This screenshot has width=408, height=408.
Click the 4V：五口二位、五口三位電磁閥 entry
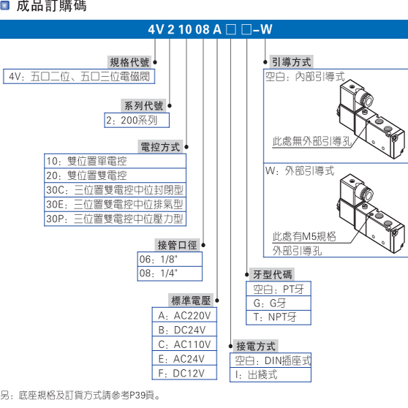[x=80, y=76]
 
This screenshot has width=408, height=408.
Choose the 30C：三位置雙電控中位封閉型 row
[x=114, y=190]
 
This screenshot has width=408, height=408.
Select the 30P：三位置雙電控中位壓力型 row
[x=114, y=219]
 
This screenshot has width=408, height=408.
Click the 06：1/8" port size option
[x=159, y=260]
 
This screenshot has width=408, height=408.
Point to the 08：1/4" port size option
[x=159, y=273]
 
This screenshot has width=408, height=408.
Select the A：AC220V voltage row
[x=184, y=316]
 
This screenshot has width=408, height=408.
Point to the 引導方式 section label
[x=291, y=62]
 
